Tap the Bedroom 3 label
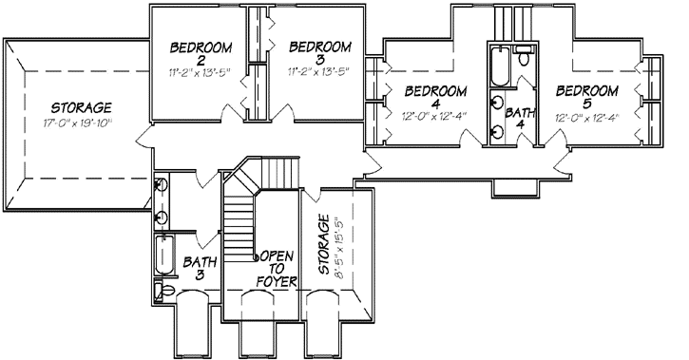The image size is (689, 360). (x=318, y=53)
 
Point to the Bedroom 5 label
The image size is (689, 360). (x=586, y=99)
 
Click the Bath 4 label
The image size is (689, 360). (x=520, y=118)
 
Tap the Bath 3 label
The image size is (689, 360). (x=201, y=268)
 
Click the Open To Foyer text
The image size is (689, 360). (x=278, y=269)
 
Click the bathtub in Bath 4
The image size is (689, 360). (x=499, y=67)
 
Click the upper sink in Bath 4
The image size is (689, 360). (x=498, y=103)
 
